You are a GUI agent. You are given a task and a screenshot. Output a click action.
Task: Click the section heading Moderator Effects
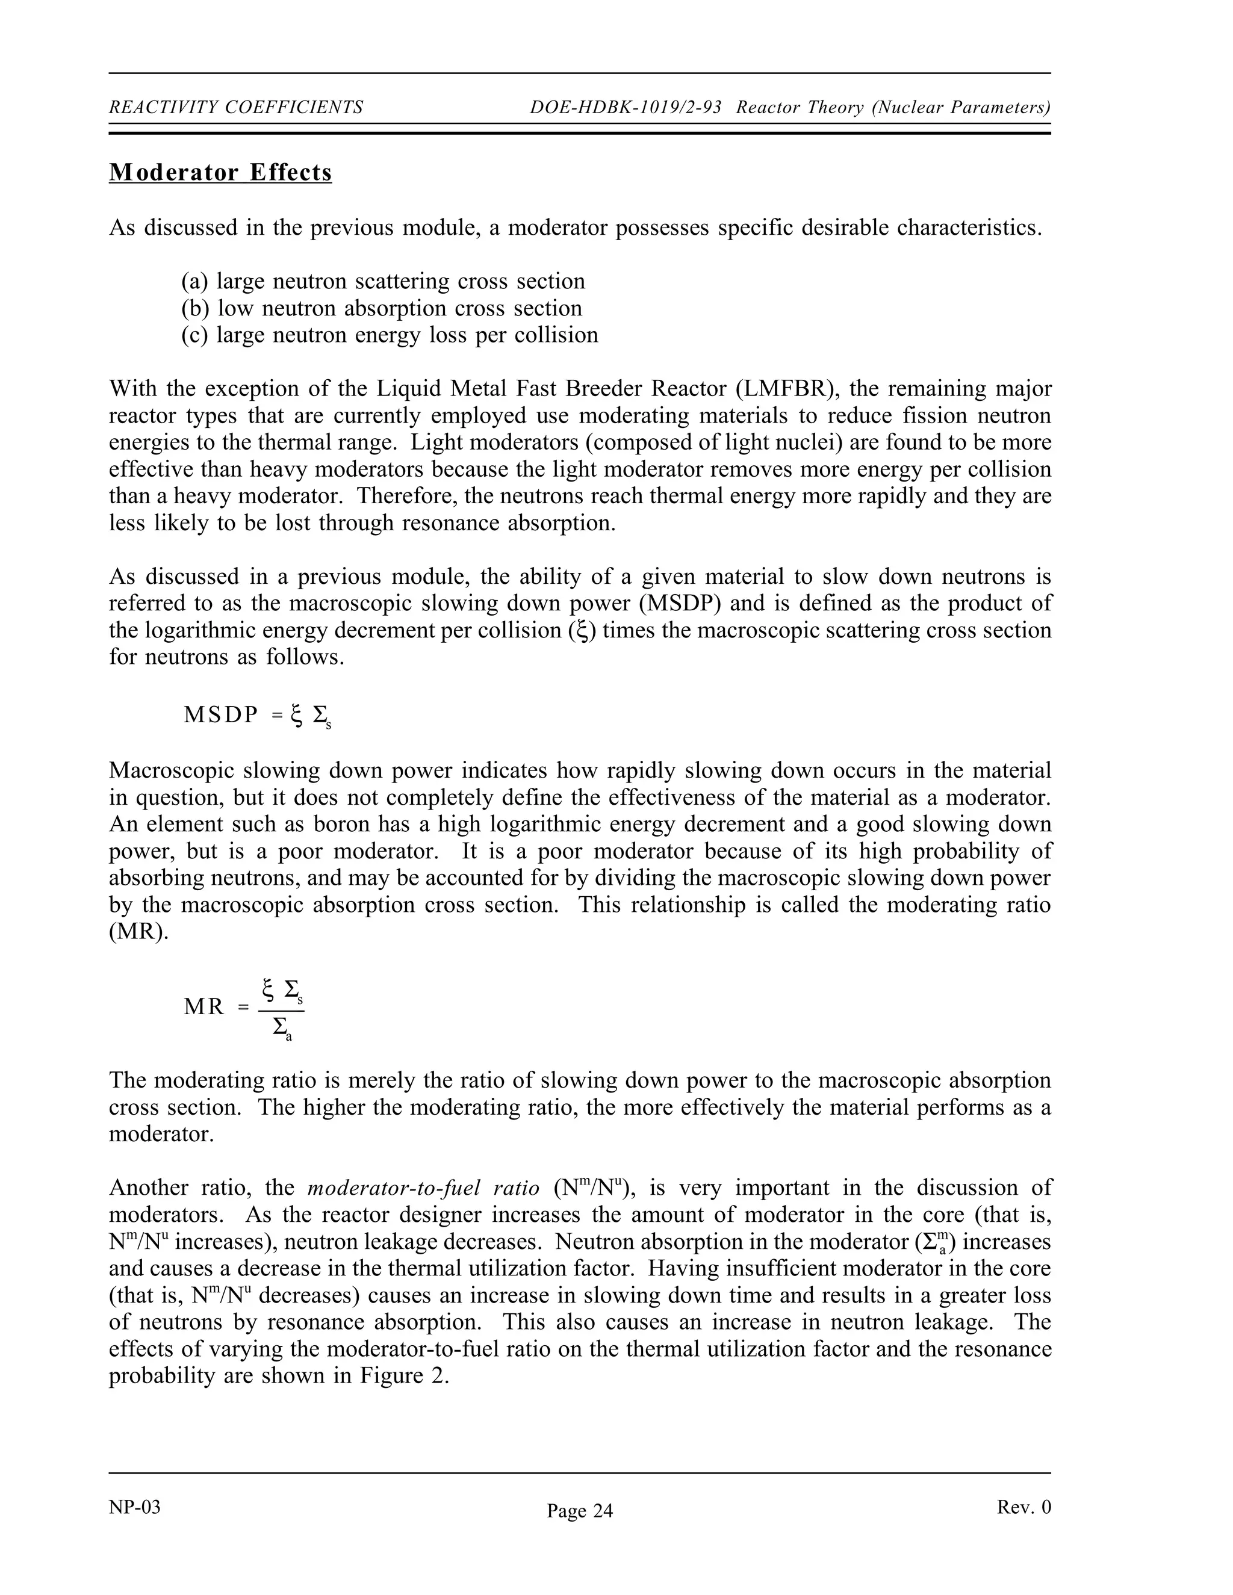[x=220, y=173]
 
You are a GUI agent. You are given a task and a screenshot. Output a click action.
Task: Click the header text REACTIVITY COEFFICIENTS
[x=236, y=108]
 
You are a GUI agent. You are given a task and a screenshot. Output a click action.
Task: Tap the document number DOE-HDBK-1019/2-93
[x=626, y=108]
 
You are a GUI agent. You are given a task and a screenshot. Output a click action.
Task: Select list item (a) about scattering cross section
[x=383, y=281]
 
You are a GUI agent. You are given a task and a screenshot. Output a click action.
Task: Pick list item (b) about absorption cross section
[x=381, y=308]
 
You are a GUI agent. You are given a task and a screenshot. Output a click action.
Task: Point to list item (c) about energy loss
[x=390, y=335]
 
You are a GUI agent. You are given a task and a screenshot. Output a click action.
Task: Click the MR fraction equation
[x=244, y=1007]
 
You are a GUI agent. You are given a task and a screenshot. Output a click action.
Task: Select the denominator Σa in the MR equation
[x=282, y=1028]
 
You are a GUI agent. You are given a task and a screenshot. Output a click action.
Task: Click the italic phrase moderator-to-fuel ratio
[x=424, y=1188]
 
